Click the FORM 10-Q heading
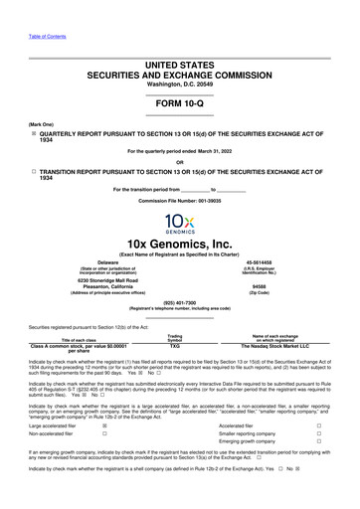click(180, 103)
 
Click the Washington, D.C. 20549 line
click(180, 85)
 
